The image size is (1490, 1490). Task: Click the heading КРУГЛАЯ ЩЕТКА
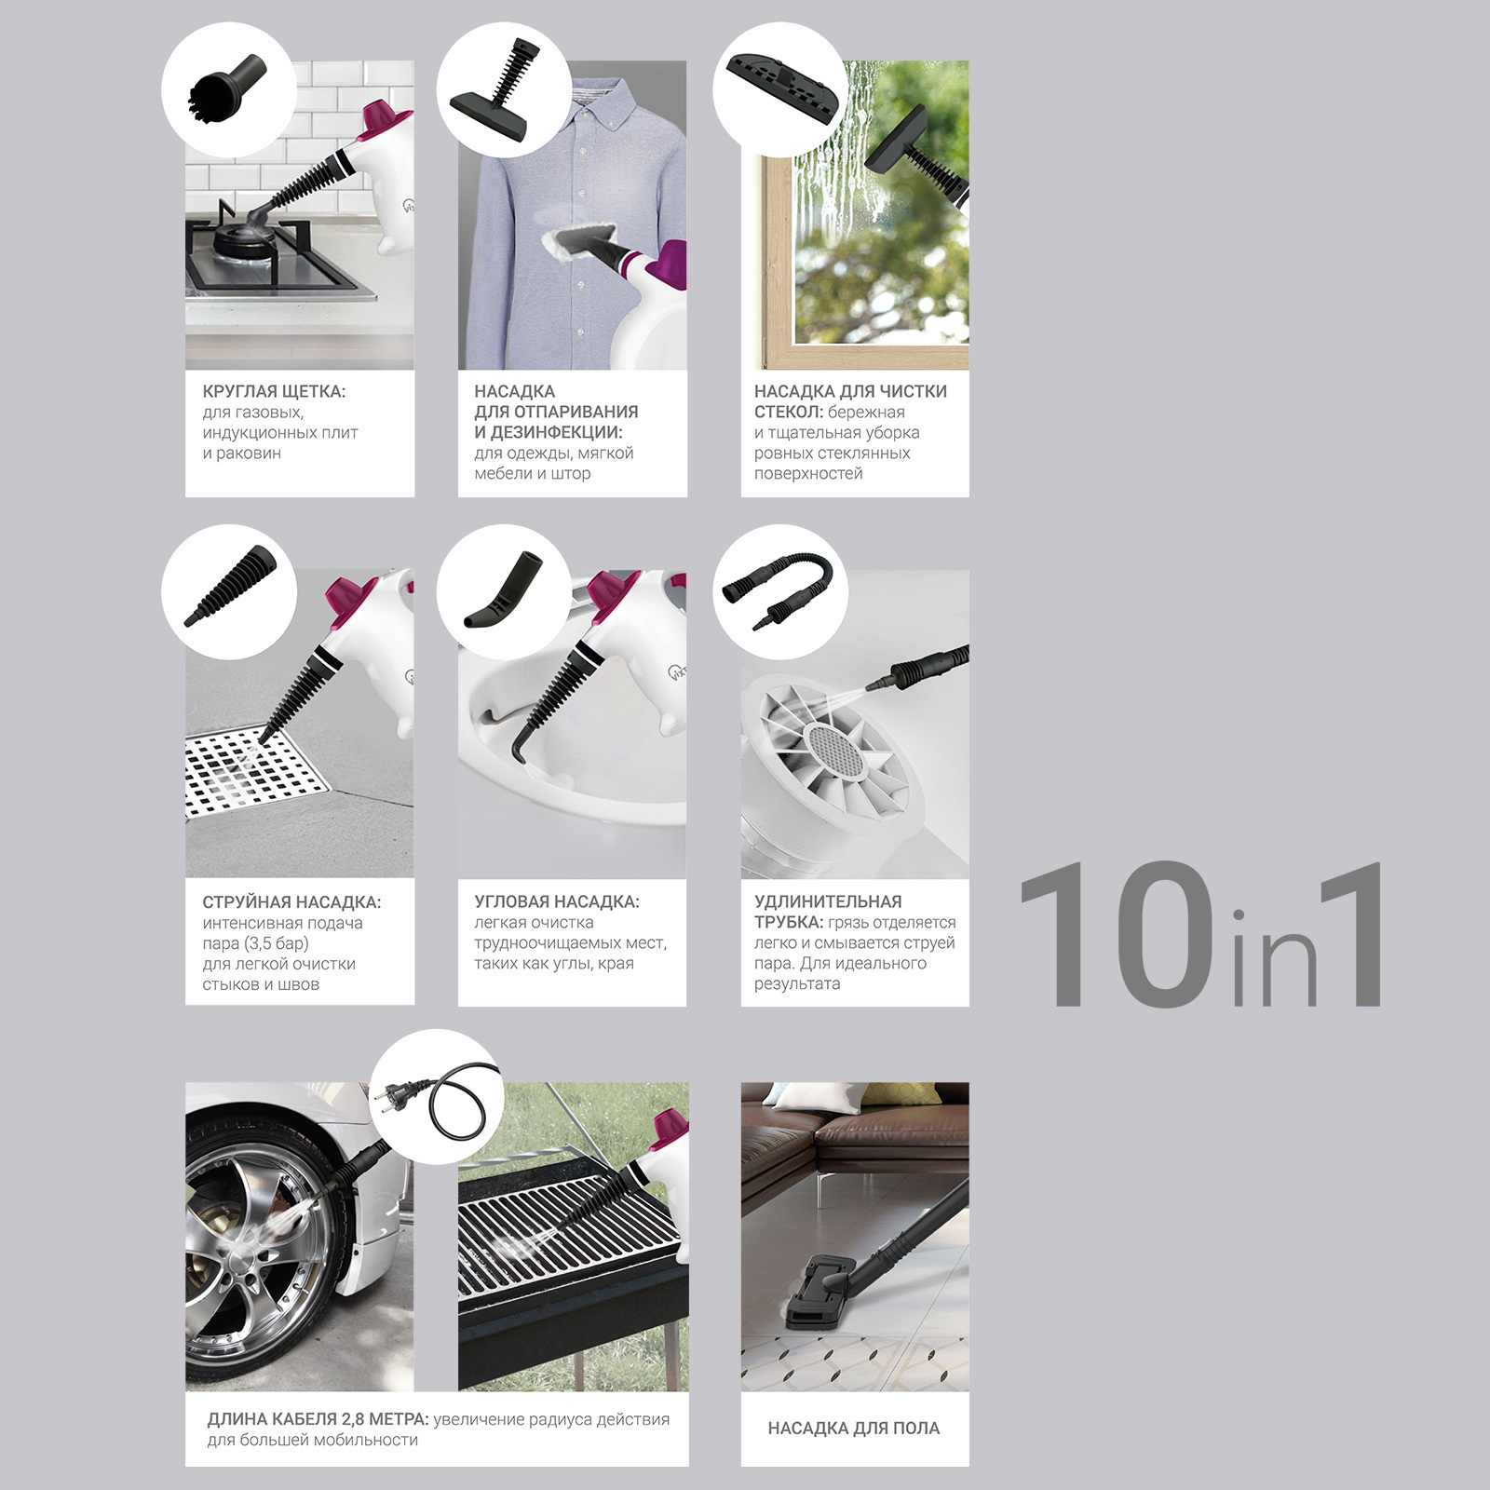click(x=274, y=391)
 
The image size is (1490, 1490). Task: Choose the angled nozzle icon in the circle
click(x=503, y=591)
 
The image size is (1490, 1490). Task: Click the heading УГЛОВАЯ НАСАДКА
click(x=557, y=901)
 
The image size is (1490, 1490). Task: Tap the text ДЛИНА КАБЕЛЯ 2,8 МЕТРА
click(x=318, y=1419)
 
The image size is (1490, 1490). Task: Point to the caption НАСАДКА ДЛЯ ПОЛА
click(x=854, y=1428)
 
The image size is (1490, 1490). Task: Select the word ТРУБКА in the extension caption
click(x=789, y=922)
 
